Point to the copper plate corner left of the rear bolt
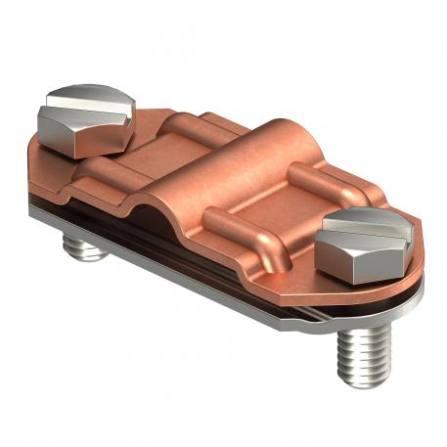click(x=34, y=147)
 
